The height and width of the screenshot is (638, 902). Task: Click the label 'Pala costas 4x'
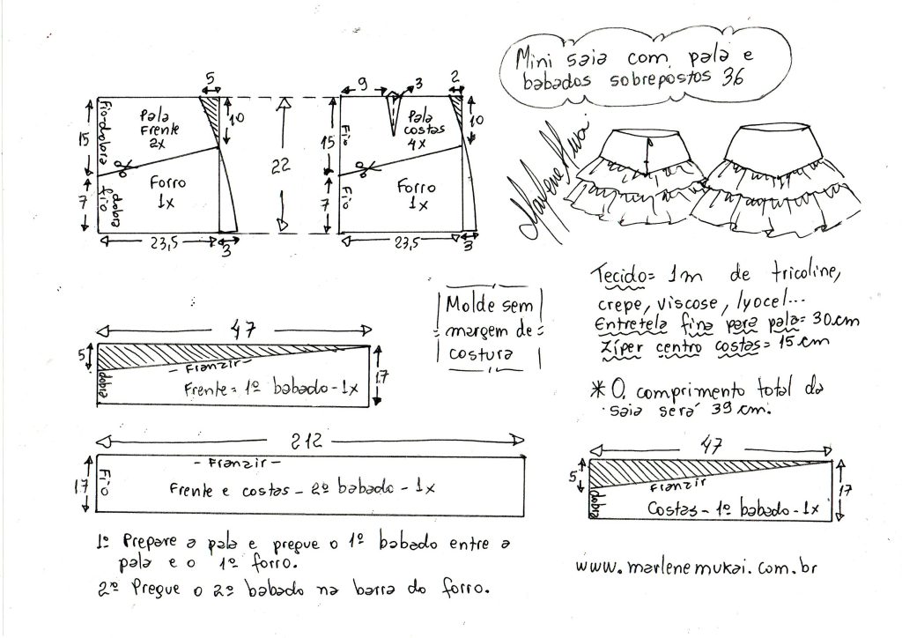pyautogui.click(x=424, y=127)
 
